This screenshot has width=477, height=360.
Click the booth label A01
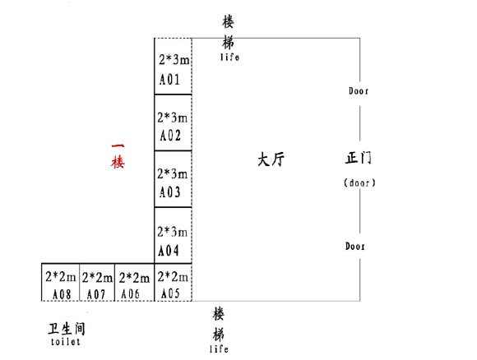pyautogui.click(x=169, y=80)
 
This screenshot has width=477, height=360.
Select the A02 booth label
pyautogui.click(x=170, y=136)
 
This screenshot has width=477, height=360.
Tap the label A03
pyautogui.click(x=169, y=192)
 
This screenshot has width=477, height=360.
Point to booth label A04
pyautogui.click(x=169, y=251)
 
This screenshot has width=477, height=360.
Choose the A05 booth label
pyautogui.click(x=170, y=293)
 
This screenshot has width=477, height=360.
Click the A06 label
pyautogui.click(x=131, y=294)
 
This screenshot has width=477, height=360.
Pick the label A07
pyautogui.click(x=96, y=294)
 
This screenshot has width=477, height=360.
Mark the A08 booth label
pyautogui.click(x=62, y=294)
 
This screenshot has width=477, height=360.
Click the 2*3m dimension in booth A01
pyautogui.click(x=174, y=60)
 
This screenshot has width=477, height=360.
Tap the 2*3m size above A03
pyautogui.click(x=173, y=173)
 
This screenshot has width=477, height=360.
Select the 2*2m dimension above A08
pyautogui.click(x=61, y=277)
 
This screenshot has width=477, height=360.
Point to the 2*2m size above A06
pyautogui.click(x=134, y=278)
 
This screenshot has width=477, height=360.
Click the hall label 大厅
pyautogui.click(x=271, y=159)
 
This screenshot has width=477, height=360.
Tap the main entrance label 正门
pyautogui.click(x=359, y=158)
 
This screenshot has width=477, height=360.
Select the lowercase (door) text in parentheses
pyautogui.click(x=359, y=182)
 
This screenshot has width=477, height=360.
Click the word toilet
pyautogui.click(x=66, y=342)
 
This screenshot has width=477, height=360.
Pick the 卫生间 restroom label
pyautogui.click(x=67, y=329)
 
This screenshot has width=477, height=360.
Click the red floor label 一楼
pyautogui.click(x=118, y=156)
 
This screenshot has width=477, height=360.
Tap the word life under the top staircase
pyautogui.click(x=229, y=57)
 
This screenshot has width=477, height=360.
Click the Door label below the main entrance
pyautogui.click(x=354, y=246)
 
